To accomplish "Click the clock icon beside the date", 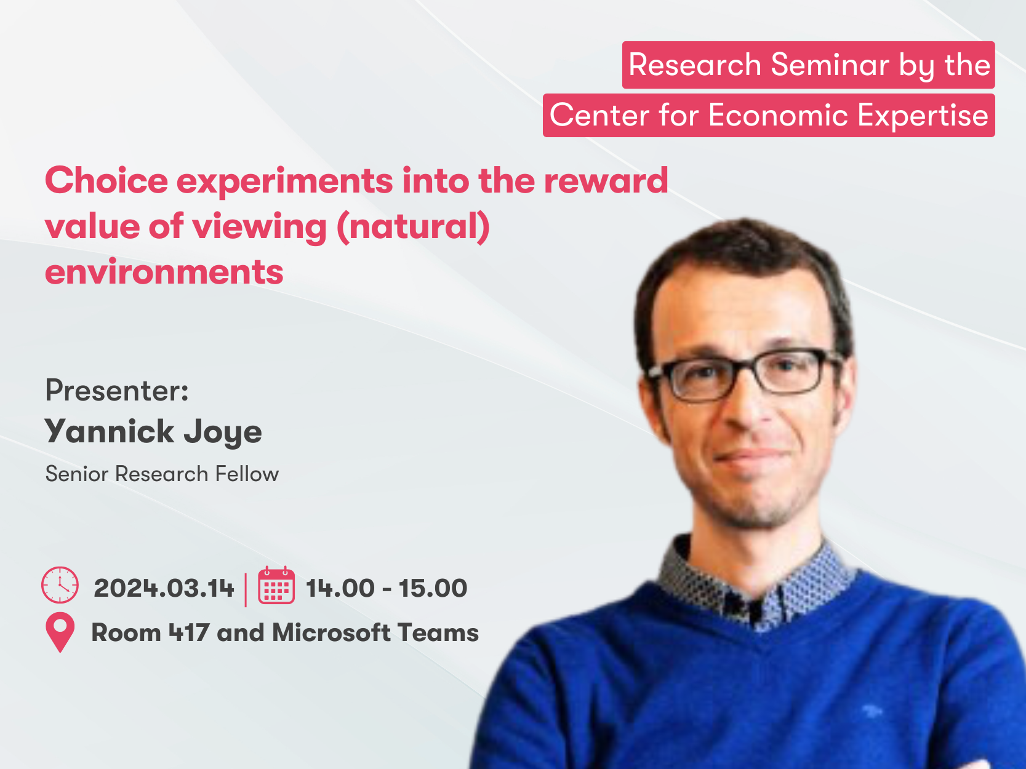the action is [x=60, y=585].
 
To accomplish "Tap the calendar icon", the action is [x=276, y=585].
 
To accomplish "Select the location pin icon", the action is [x=60, y=632].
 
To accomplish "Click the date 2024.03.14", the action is [x=164, y=588].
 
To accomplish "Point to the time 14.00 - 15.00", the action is [x=387, y=588].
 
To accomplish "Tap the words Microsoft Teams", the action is [x=375, y=632].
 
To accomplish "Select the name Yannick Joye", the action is [x=153, y=432].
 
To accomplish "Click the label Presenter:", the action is [x=117, y=391].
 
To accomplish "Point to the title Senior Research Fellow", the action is [x=162, y=474].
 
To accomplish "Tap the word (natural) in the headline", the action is [x=413, y=227].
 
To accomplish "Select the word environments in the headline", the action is [x=164, y=272].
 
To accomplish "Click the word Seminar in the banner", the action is [x=830, y=65].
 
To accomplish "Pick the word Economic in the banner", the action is [x=778, y=115].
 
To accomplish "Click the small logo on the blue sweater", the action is [x=872, y=711].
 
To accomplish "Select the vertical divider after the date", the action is [x=246, y=589].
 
